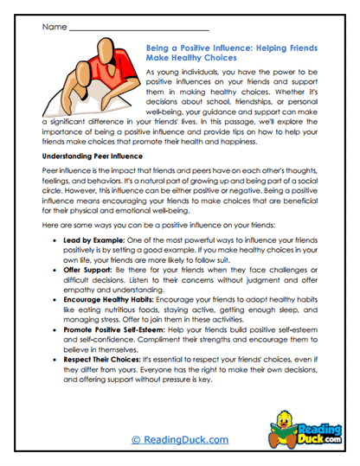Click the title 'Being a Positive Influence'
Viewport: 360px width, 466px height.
(x=220, y=50)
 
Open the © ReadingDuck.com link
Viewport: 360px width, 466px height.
(x=179, y=439)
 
